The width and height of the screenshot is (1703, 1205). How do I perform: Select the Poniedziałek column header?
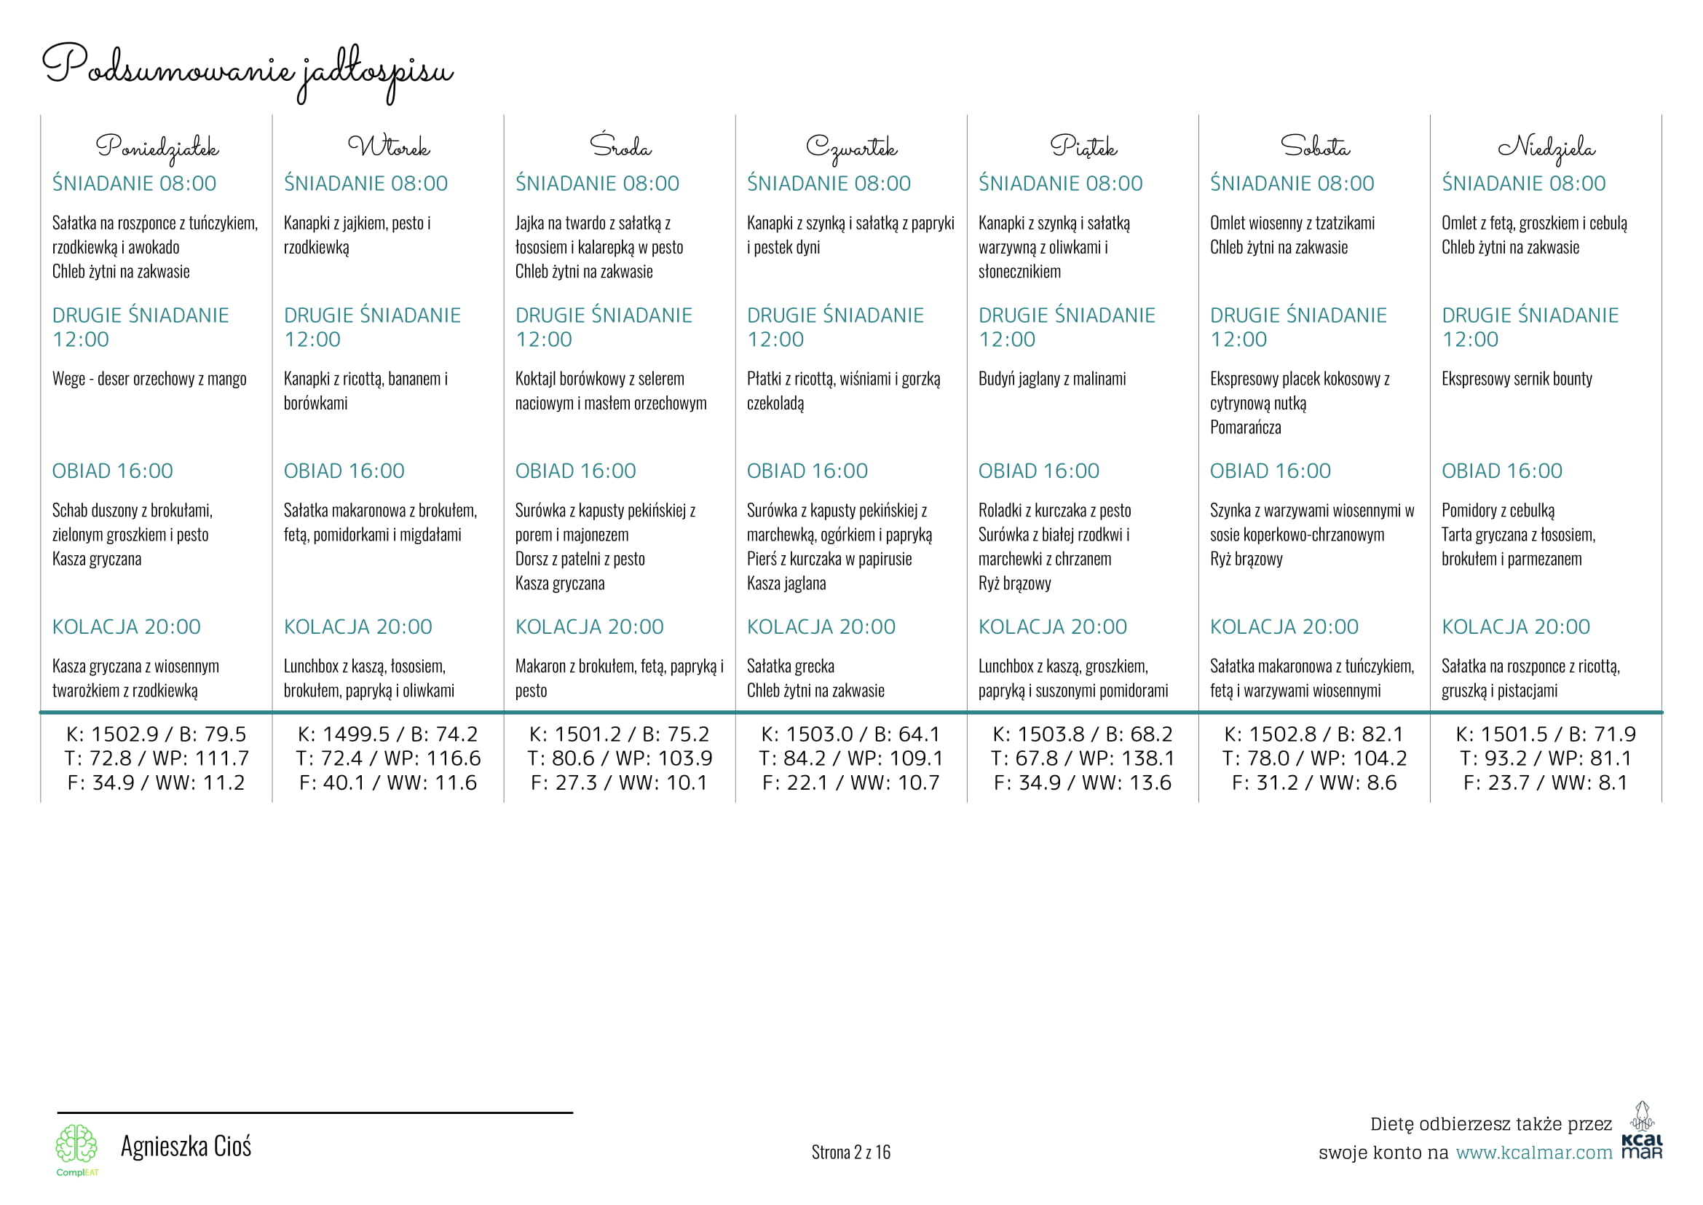pos(157,147)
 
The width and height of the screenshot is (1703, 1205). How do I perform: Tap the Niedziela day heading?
pos(1546,147)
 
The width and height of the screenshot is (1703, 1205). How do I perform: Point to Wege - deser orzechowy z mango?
pos(149,379)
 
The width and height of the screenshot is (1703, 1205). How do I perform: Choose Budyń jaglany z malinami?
pos(1052,379)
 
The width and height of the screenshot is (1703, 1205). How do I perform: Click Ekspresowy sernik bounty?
pos(1517,379)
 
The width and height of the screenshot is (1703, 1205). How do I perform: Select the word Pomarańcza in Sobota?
pos(1245,428)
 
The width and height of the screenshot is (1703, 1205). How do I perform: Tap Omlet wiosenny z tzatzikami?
pos(1292,224)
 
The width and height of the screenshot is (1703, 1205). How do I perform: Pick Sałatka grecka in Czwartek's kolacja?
pos(791,667)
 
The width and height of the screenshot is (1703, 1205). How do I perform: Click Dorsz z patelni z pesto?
pos(580,560)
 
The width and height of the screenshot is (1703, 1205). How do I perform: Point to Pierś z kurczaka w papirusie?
pos(829,560)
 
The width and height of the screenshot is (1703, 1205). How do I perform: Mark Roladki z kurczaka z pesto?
pos(1055,511)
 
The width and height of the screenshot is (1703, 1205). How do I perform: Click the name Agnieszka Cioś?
pos(186,1147)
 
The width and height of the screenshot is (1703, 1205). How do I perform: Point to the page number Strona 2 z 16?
pos(850,1153)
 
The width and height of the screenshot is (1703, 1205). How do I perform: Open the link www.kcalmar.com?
pos(1534,1153)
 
